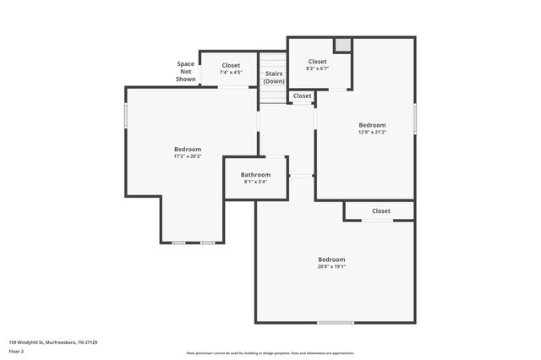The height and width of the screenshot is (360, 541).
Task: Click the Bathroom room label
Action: pyautogui.click(x=255, y=175)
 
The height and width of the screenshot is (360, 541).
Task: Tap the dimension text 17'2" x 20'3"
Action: pyautogui.click(x=188, y=156)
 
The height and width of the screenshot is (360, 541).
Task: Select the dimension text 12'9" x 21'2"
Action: pyautogui.click(x=372, y=132)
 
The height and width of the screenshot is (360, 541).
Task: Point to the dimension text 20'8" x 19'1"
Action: pyautogui.click(x=331, y=267)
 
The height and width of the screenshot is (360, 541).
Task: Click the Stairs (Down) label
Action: pyautogui.click(x=274, y=77)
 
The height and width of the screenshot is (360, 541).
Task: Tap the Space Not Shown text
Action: pyautogui.click(x=185, y=72)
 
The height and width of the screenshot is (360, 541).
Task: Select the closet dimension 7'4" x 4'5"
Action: pyautogui.click(x=231, y=73)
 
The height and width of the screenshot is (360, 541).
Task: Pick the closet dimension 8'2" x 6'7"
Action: pyautogui.click(x=317, y=68)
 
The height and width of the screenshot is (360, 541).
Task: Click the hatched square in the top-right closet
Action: pyautogui.click(x=342, y=45)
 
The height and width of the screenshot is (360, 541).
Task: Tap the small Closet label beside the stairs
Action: pyautogui.click(x=302, y=95)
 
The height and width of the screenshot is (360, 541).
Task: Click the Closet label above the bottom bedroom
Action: pyautogui.click(x=380, y=211)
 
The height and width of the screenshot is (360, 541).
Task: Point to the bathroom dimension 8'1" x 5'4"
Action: pyautogui.click(x=255, y=182)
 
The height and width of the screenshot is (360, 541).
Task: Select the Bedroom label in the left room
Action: pyautogui.click(x=188, y=150)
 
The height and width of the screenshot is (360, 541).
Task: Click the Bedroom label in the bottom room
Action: pyautogui.click(x=331, y=259)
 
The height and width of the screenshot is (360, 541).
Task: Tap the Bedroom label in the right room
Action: pyautogui.click(x=372, y=125)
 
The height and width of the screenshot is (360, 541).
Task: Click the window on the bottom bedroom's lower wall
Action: pyautogui.click(x=336, y=322)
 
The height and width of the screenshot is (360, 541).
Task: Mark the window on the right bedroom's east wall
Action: pyautogui.click(x=415, y=117)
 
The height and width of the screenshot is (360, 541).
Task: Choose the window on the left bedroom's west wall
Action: pyautogui.click(x=126, y=116)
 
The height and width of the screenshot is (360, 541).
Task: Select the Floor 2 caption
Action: pyautogui.click(x=16, y=352)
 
